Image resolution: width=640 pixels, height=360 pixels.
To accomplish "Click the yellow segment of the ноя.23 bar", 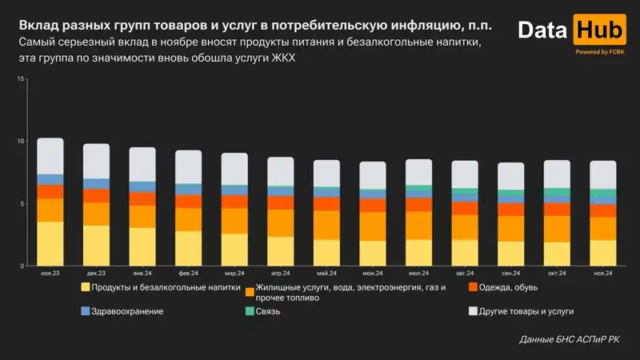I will pos(50,243).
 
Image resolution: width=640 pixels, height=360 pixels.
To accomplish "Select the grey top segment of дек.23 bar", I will pos(97,161).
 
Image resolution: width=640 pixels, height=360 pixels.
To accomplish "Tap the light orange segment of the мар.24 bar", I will pos(234,221).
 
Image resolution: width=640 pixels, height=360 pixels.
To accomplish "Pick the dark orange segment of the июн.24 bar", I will pos(372,206).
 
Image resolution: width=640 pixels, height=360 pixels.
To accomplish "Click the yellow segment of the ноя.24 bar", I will pos(602,252).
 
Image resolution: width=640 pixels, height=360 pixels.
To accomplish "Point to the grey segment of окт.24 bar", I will pos(557,174).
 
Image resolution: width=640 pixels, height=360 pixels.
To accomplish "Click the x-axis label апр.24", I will pos(280,274).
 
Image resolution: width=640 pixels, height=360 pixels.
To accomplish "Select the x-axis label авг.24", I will pos(464,274).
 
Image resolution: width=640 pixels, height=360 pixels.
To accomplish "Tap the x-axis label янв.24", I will pos(142,274).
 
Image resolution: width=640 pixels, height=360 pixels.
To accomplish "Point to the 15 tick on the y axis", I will pos(22,79).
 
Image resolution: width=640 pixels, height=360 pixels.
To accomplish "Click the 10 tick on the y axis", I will pos(22,142).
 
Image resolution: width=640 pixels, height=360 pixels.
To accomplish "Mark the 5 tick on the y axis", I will pos(24,203).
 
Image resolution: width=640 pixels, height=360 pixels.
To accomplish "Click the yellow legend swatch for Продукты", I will pos(85,287).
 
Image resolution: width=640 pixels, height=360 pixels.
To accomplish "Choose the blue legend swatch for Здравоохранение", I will pos(85,310).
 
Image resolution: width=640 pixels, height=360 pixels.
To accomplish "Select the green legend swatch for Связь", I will pos(250,310).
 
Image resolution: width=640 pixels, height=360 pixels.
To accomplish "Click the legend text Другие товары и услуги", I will pos(526,310).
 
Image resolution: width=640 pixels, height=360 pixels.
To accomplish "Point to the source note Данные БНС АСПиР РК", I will pos(569,340).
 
